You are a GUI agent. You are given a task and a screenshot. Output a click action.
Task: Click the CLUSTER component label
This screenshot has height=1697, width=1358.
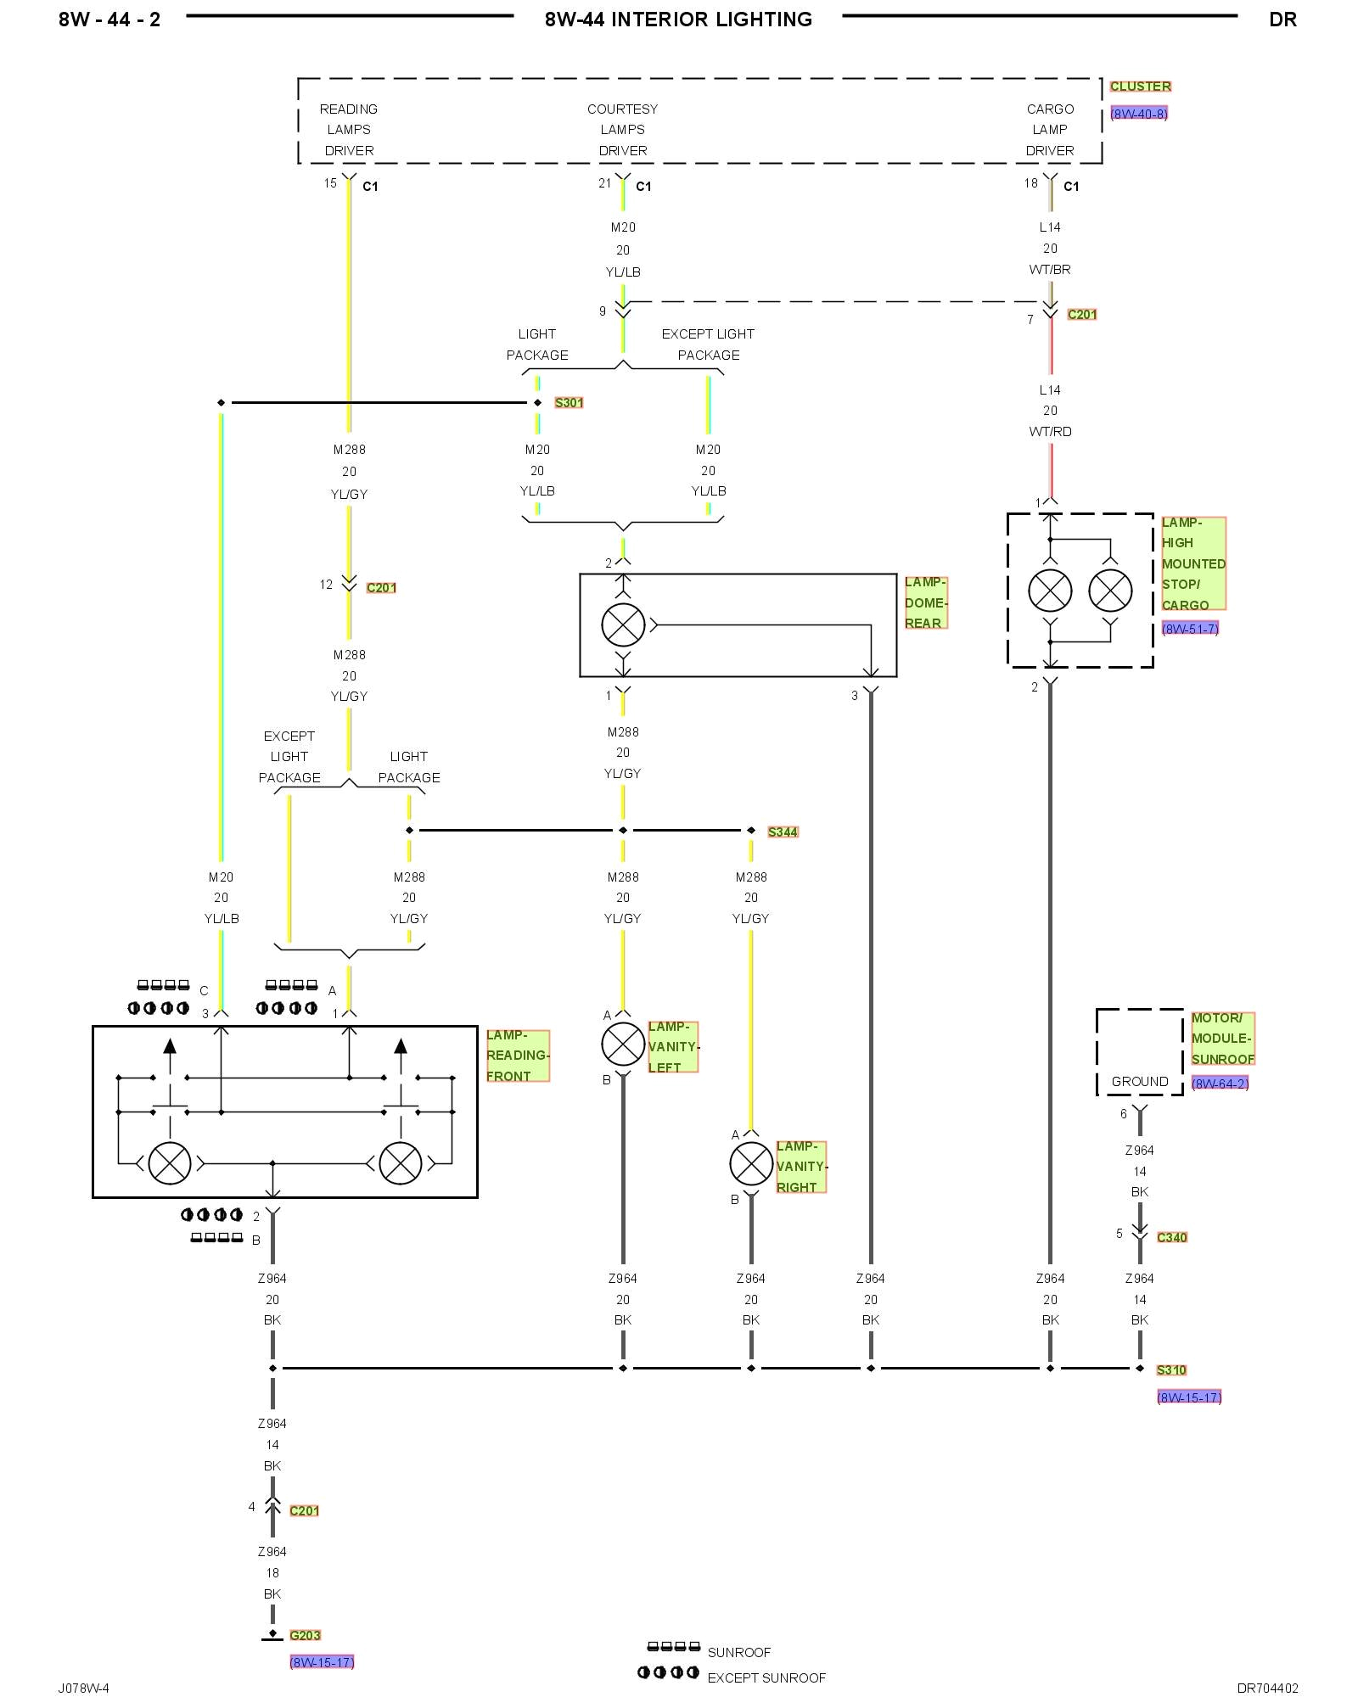coord(1140,87)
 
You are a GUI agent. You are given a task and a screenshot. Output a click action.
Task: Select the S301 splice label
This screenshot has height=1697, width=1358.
coord(569,403)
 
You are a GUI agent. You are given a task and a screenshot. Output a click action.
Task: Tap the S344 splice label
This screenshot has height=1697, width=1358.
coord(783,832)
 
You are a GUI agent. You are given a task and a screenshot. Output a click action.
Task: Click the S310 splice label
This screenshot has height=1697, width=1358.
coord(1171,1370)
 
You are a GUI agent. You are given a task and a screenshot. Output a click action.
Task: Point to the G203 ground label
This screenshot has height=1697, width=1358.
coord(305,1636)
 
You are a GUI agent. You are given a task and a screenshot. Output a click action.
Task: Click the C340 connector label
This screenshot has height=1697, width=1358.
coord(1171,1238)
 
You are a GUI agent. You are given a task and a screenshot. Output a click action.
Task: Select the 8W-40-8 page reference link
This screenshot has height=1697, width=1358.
coord(1139,114)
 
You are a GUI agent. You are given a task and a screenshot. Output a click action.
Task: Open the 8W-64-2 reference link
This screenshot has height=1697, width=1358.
coord(1220,1084)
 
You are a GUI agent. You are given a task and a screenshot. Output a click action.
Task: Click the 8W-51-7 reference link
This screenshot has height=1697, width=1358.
coord(1190,629)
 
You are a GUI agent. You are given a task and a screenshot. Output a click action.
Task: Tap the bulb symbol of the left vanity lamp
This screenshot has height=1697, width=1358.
coord(623,1045)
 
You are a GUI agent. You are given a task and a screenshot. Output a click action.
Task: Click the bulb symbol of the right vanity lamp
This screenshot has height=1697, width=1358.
coord(751,1164)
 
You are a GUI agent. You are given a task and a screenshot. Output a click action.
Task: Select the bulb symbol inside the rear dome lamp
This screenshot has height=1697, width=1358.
coord(623,625)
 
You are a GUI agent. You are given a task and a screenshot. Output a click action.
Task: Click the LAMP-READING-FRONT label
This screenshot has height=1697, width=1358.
coord(518,1056)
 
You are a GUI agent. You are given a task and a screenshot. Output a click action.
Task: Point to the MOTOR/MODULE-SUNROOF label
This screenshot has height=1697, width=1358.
coord(1222,1039)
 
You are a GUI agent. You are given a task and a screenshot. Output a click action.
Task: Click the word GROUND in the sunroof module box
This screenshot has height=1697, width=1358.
coord(1140,1082)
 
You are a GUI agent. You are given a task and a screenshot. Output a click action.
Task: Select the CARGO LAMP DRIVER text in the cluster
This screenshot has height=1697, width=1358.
coord(1050,130)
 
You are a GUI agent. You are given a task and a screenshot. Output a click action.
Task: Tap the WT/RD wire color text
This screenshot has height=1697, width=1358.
coord(1050,432)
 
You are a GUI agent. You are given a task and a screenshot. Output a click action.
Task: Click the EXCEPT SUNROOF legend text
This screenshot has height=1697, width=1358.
coord(766,1678)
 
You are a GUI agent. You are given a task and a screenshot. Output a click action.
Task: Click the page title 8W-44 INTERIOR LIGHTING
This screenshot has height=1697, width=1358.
coord(678,20)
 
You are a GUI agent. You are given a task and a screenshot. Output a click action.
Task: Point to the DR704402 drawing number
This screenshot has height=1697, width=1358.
coord(1267,1689)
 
